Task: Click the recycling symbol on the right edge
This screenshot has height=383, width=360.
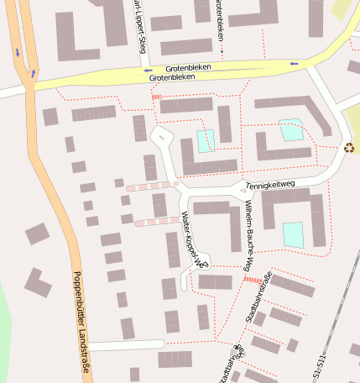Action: coord(349,147)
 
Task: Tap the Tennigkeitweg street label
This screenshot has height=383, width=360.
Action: coord(271,184)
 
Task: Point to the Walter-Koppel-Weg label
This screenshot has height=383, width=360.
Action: coord(194,240)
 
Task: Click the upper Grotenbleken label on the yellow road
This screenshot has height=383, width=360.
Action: coord(188,66)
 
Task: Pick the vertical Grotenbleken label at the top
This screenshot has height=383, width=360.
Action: coord(218,18)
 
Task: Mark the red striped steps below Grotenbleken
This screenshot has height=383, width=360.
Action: coord(156,97)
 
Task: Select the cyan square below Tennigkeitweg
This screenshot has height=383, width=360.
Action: coord(293,234)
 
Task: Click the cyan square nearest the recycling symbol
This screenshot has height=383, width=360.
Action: coord(290,130)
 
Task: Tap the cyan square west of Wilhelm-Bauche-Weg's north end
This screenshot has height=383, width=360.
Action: coord(206,140)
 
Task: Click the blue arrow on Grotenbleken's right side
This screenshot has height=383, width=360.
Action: coord(293,63)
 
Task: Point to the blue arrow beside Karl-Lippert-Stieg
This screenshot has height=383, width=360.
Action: coord(148,71)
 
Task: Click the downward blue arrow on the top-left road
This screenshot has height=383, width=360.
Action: coord(18,53)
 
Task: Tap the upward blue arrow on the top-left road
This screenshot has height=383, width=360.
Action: coord(33,73)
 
